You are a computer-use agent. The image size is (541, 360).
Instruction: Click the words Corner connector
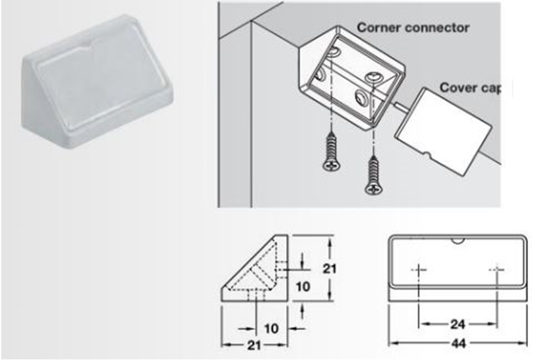coord(413,28)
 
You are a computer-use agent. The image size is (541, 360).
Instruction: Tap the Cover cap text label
coord(467,87)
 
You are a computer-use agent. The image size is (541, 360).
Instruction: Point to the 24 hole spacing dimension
coord(457,323)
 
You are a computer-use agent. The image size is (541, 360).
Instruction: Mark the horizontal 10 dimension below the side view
coord(270,328)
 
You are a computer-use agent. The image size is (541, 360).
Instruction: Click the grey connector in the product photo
coord(97,77)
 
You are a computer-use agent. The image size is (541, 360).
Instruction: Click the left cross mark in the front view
coord(419,270)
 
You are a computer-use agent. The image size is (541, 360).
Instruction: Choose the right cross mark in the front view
coord(496,270)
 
